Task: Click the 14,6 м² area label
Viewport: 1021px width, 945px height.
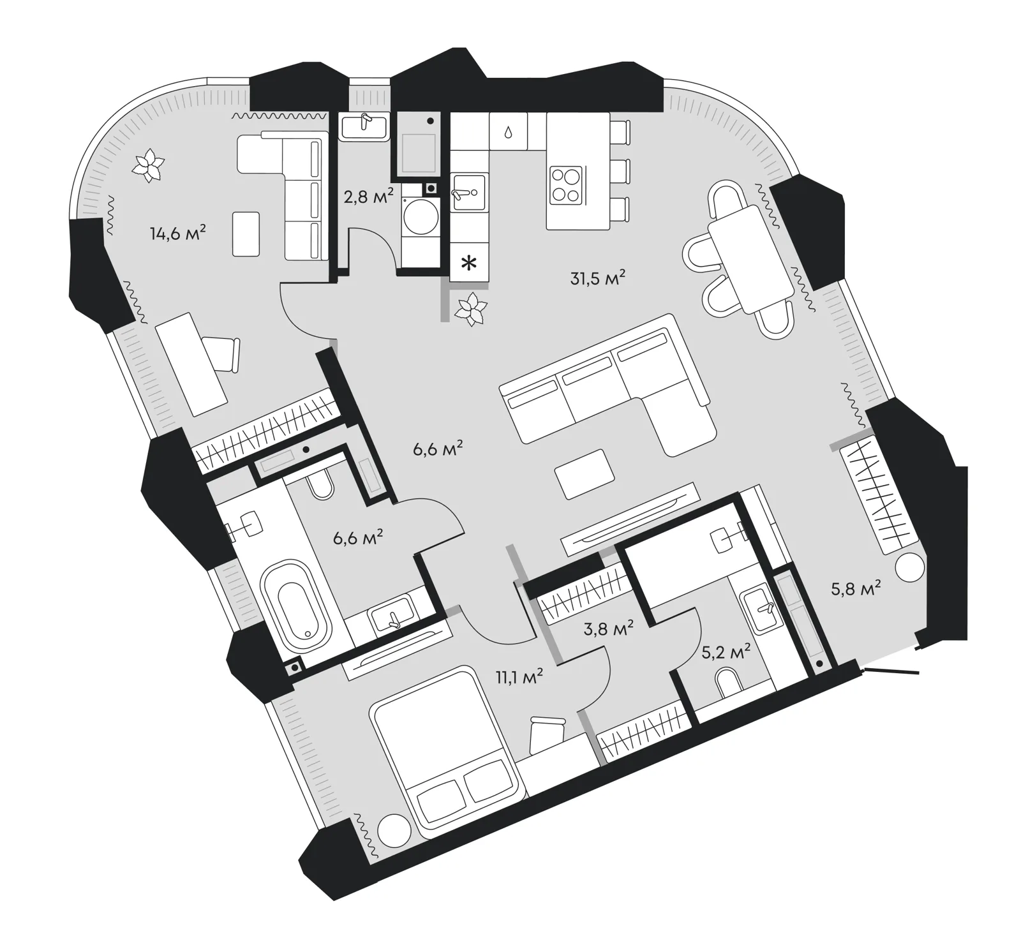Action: [178, 233]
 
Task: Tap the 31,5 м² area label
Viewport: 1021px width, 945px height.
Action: [597, 278]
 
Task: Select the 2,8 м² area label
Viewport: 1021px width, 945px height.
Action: [369, 197]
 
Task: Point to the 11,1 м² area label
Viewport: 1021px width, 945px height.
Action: [519, 676]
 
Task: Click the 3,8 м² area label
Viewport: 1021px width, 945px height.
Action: [609, 629]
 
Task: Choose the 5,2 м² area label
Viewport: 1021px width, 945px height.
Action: [726, 652]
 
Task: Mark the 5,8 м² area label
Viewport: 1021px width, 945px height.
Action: [856, 588]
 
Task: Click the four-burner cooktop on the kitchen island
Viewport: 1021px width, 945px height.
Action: [566, 184]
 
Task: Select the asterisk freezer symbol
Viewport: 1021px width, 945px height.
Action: [469, 262]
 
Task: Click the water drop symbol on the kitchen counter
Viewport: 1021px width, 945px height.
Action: [508, 132]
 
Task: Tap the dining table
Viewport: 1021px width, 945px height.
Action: [750, 260]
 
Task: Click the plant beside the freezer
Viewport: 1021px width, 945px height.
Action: [472, 309]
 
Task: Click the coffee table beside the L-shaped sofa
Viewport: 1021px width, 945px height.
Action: [585, 473]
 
